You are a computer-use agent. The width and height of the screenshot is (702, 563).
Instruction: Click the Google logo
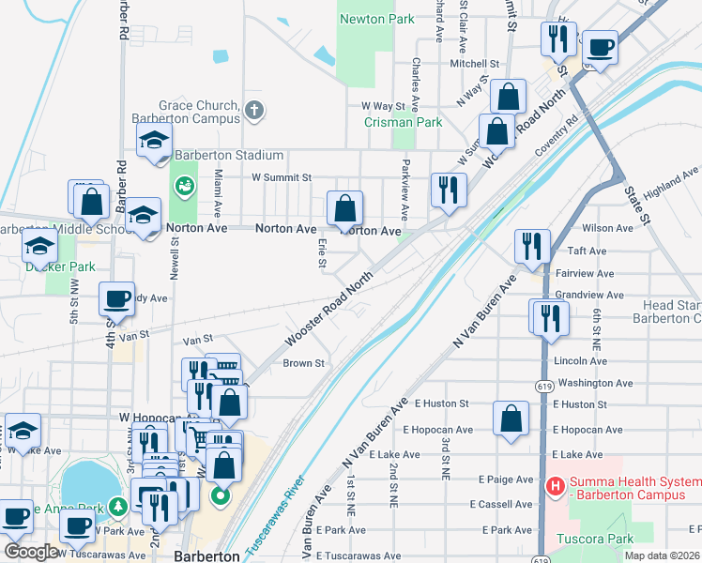pyautogui.click(x=31, y=552)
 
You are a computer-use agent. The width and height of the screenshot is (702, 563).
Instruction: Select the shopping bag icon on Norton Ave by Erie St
pyautogui.click(x=345, y=207)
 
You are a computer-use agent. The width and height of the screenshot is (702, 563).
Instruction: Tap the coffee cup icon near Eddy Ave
pyautogui.click(x=116, y=298)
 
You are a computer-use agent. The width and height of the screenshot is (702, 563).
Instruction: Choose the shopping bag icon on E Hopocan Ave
pyautogui.click(x=510, y=418)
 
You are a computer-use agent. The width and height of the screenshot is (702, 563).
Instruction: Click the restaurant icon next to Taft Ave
pyautogui.click(x=532, y=246)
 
